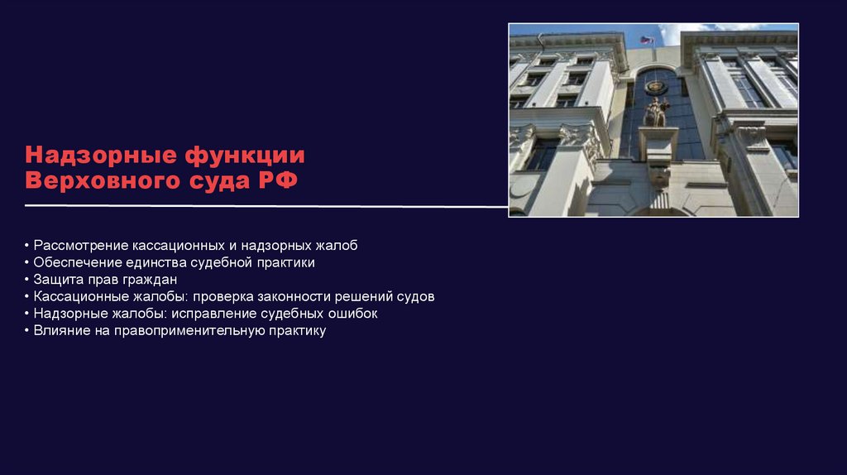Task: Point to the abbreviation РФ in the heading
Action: tap(278, 180)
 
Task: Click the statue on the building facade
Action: tap(656, 111)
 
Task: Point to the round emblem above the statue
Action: tap(656, 86)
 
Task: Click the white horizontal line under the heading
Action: tap(265, 205)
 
